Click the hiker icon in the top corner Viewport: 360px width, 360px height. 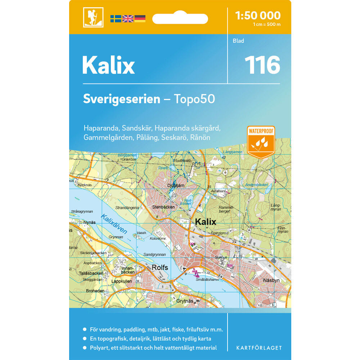coord(93,17)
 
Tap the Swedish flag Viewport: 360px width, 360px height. coord(116,19)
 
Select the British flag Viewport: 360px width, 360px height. coord(128,19)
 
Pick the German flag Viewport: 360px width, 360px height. coord(140,19)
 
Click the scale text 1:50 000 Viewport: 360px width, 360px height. coord(257,15)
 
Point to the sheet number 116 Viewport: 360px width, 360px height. coord(262,65)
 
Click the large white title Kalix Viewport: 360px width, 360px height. coord(108,66)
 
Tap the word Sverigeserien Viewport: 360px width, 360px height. coord(122,99)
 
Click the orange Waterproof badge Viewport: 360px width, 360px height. coord(261,141)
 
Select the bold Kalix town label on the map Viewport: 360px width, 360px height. coord(205,222)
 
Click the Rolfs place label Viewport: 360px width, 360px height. coord(160,267)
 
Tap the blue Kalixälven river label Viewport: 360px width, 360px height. coord(114,224)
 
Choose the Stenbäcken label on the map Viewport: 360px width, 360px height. coord(163,207)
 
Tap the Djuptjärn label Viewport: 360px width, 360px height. coord(166,186)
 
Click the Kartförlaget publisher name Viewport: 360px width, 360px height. coord(259,348)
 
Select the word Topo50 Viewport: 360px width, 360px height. coord(194,99)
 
